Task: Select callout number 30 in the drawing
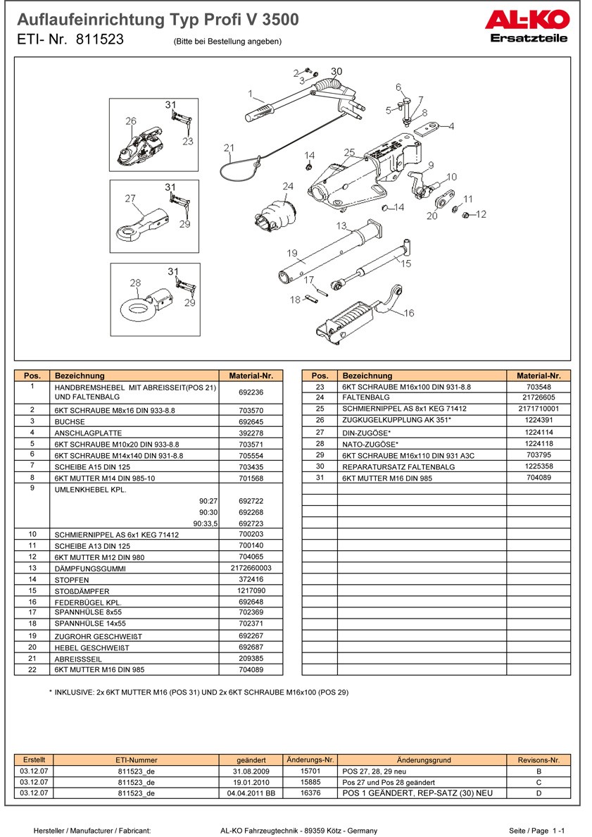(336, 72)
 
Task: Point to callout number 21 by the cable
(228, 148)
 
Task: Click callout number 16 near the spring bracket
(409, 314)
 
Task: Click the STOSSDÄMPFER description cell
(82, 591)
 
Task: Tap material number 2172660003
(251, 568)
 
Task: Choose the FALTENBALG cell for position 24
(365, 398)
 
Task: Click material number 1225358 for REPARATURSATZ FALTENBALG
(539, 466)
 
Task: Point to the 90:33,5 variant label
(206, 523)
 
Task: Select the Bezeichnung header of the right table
(367, 376)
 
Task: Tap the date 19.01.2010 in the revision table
(251, 782)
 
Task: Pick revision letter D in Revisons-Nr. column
(539, 793)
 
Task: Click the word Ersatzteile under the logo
(528, 39)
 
